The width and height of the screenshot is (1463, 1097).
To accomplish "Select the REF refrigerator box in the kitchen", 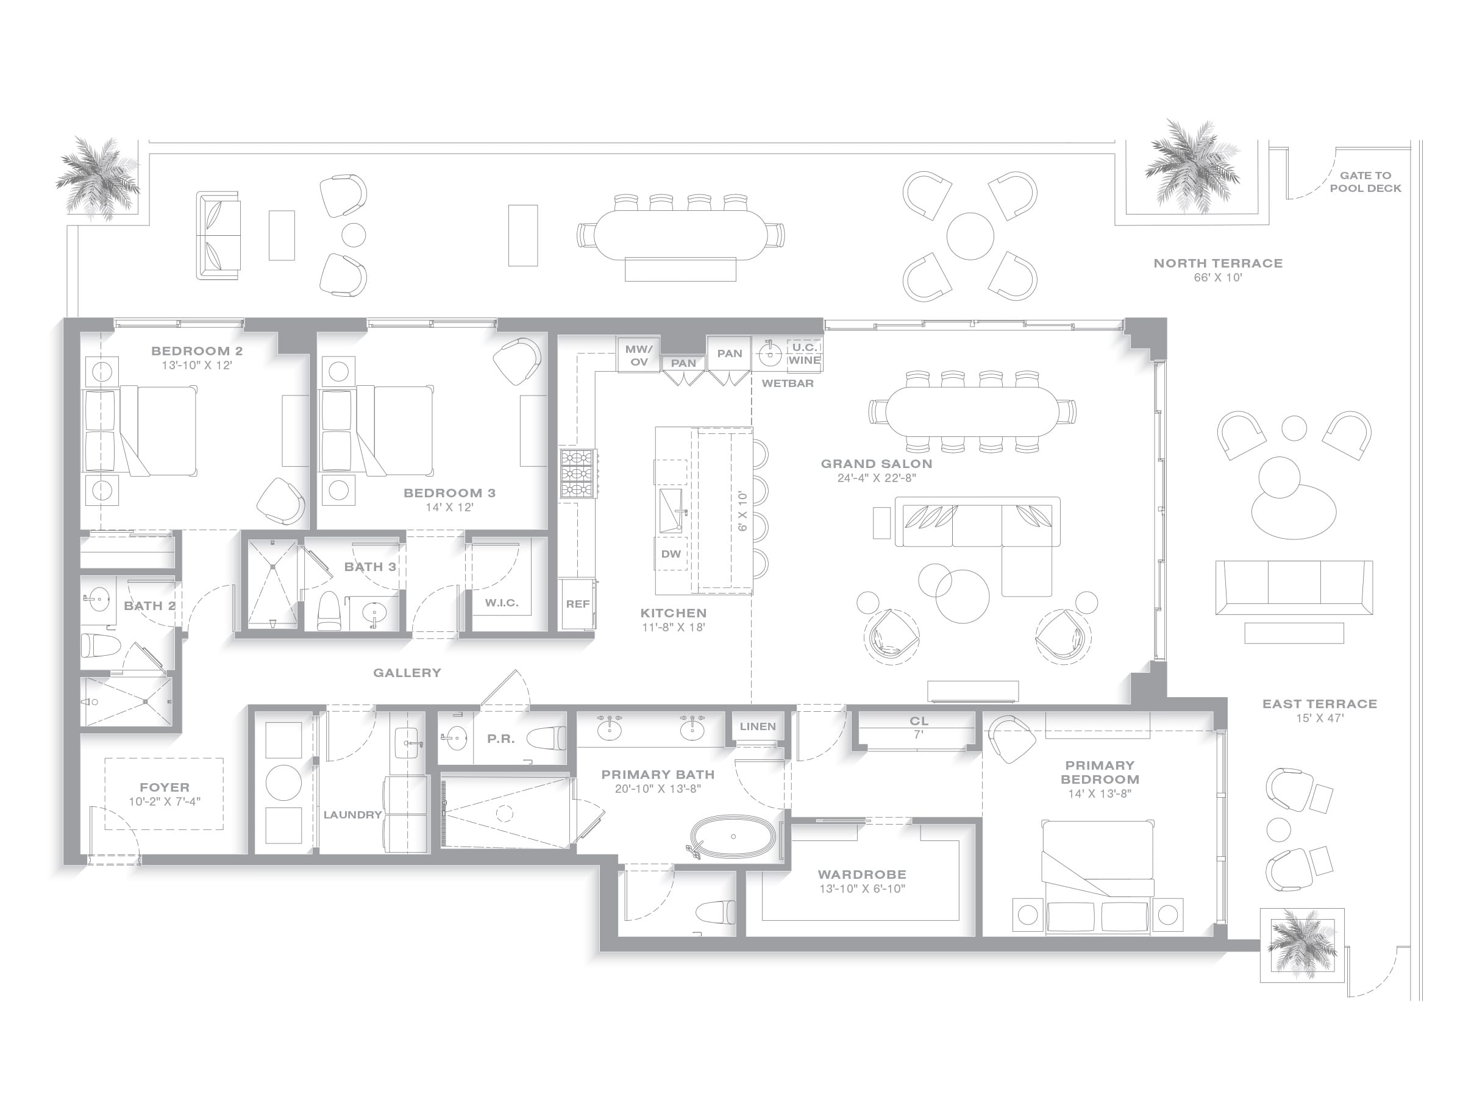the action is click(577, 605).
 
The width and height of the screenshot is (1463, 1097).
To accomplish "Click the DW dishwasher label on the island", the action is click(671, 554).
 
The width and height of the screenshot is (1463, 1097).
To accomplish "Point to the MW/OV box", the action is click(639, 355).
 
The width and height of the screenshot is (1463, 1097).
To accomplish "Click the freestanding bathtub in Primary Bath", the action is click(733, 837).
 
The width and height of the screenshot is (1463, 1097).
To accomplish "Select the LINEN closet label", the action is click(757, 726).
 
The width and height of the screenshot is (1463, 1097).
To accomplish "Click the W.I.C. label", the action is click(501, 603).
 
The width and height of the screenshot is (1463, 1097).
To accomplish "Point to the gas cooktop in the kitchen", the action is click(577, 473).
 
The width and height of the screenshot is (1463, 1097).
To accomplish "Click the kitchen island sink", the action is click(671, 510).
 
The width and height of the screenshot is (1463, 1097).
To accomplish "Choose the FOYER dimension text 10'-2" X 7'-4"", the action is click(164, 801).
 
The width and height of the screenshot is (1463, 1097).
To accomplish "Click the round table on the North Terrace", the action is click(970, 236).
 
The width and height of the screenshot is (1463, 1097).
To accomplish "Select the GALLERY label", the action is click(407, 672).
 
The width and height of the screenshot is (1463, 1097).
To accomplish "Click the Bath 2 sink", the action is click(98, 600).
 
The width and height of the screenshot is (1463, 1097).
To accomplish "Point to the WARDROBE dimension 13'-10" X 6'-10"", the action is click(862, 889).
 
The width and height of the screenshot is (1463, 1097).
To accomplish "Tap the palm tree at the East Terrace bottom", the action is click(1301, 944).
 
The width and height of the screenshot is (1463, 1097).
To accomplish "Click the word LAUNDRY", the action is click(352, 815).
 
